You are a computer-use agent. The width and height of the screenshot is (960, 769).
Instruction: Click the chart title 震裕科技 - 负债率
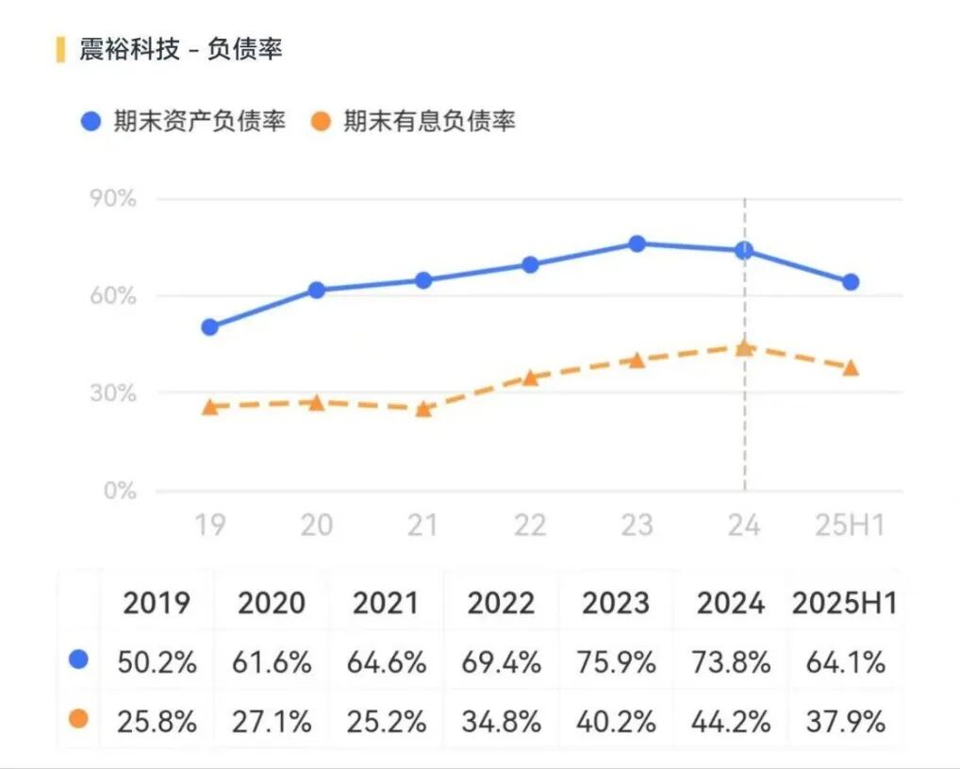tap(180, 50)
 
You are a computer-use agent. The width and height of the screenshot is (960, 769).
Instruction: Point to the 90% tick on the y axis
tap(113, 199)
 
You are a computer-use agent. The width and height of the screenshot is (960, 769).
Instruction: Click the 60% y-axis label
tap(113, 296)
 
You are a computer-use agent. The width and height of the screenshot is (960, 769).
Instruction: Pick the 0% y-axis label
tap(120, 491)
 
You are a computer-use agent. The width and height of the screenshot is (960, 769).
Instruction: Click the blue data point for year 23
tap(637, 243)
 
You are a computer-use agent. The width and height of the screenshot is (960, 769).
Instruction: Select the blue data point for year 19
tap(209, 327)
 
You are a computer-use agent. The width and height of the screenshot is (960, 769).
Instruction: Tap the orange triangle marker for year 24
tap(744, 347)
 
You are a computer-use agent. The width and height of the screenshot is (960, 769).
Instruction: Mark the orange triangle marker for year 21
tap(423, 409)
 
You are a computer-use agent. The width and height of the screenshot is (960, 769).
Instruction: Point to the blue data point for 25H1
tap(851, 282)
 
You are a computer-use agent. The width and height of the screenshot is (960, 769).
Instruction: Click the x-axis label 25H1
tap(851, 525)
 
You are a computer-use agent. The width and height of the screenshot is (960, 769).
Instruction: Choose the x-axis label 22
tap(530, 525)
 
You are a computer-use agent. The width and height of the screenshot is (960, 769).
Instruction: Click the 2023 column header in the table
tap(617, 602)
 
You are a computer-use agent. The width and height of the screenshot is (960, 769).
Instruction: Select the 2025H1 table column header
tap(845, 602)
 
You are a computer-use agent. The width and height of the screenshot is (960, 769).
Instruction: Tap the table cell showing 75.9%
tap(617, 662)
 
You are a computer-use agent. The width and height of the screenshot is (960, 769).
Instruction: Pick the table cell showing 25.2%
tap(386, 722)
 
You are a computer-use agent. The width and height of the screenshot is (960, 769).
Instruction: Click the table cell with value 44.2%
tap(732, 722)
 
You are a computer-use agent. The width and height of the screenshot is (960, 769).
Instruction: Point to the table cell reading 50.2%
tap(157, 662)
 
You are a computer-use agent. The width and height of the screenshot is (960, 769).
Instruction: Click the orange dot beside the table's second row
tap(78, 719)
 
